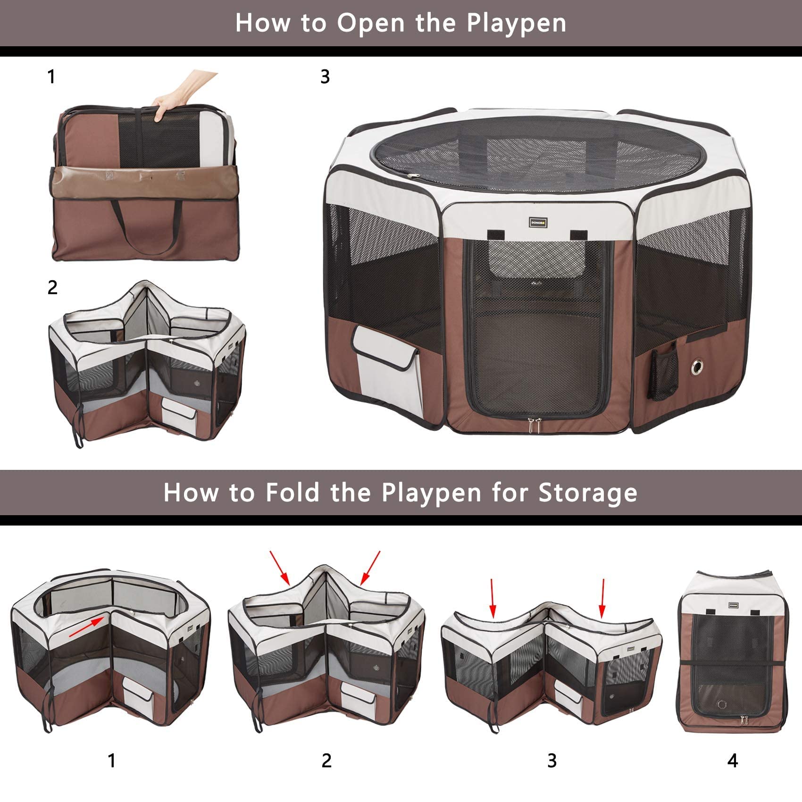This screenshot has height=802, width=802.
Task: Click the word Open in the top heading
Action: (x=372, y=24)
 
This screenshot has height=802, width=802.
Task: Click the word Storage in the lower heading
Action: (x=588, y=492)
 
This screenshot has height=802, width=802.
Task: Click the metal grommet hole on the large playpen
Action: (x=697, y=368)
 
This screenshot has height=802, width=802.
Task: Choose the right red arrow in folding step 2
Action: (x=370, y=568)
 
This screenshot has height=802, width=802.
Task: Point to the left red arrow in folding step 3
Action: (x=493, y=598)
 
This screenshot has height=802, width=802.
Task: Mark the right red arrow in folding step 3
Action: (x=602, y=598)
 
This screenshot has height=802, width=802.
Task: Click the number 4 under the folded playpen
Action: (x=733, y=760)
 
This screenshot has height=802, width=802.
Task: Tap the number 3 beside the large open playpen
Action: (x=325, y=77)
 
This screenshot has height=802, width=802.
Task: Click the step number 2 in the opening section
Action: (x=52, y=287)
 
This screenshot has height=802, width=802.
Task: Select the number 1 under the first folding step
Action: (x=111, y=760)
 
